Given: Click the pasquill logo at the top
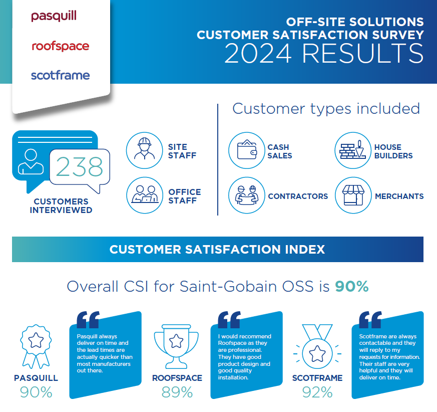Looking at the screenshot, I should point(54,16).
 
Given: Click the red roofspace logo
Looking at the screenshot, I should point(60,46).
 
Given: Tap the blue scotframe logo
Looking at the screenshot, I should point(60,76).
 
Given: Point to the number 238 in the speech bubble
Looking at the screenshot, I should point(80,167).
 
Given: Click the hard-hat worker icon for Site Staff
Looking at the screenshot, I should point(145,150).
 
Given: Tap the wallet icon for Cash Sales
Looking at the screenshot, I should point(247,150).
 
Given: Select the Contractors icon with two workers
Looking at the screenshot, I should point(247,195).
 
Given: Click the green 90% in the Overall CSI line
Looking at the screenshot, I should point(351,287).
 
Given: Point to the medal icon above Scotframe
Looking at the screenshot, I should point(316,346).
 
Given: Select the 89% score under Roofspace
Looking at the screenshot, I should point(177,392).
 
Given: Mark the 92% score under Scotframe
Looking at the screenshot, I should point(317,392).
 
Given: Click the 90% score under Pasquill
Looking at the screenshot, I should point(36,392).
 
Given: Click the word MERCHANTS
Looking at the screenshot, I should point(399,196).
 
